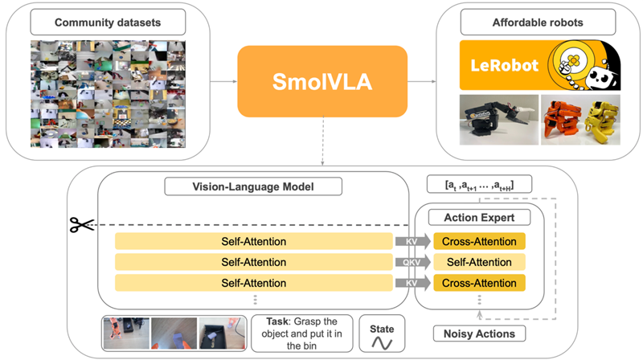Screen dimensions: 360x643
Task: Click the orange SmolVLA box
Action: point(321,80)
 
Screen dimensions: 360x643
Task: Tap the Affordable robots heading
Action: point(537,22)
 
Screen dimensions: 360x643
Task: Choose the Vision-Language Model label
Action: point(253,187)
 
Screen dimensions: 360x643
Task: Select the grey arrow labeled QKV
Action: point(411,262)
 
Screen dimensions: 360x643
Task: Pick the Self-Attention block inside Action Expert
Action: point(479,262)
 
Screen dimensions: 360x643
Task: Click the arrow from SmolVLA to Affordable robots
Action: point(421,81)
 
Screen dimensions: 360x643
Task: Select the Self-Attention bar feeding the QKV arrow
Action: point(253,262)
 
